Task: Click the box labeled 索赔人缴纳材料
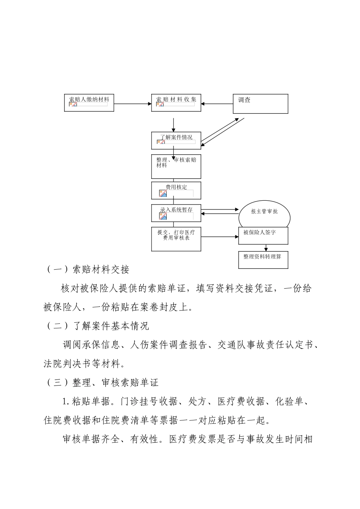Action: pos(89,103)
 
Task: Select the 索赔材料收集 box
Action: pos(176,103)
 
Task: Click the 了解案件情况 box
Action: pos(176,140)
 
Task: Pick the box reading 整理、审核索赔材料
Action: pos(176,167)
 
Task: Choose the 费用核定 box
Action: pos(176,190)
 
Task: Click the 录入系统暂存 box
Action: pos(176,213)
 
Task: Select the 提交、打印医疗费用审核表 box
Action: pos(176,239)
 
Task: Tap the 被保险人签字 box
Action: pos(263,236)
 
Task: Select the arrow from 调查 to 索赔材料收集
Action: pos(217,103)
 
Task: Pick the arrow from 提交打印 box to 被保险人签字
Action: pos(219,237)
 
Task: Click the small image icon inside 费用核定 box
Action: pos(163,194)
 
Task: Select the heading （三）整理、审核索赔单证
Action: pos(102,383)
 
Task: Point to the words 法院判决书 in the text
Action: pos(67,364)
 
